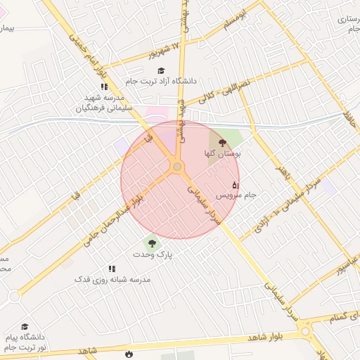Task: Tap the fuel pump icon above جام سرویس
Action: pyautogui.click(x=235, y=185)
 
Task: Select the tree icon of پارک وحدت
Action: pyautogui.click(x=152, y=244)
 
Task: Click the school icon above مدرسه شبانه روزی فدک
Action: pyautogui.click(x=111, y=269)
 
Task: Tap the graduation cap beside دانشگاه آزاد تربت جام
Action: pyautogui.click(x=161, y=70)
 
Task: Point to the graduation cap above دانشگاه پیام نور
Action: pyautogui.click(x=25, y=327)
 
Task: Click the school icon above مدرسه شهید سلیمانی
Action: pyautogui.click(x=104, y=87)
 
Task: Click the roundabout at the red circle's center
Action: pyautogui.click(x=176, y=167)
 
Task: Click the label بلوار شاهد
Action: pyautogui.click(x=268, y=338)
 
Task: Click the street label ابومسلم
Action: pyautogui.click(x=236, y=20)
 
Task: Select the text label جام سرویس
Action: pyautogui.click(x=236, y=194)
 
